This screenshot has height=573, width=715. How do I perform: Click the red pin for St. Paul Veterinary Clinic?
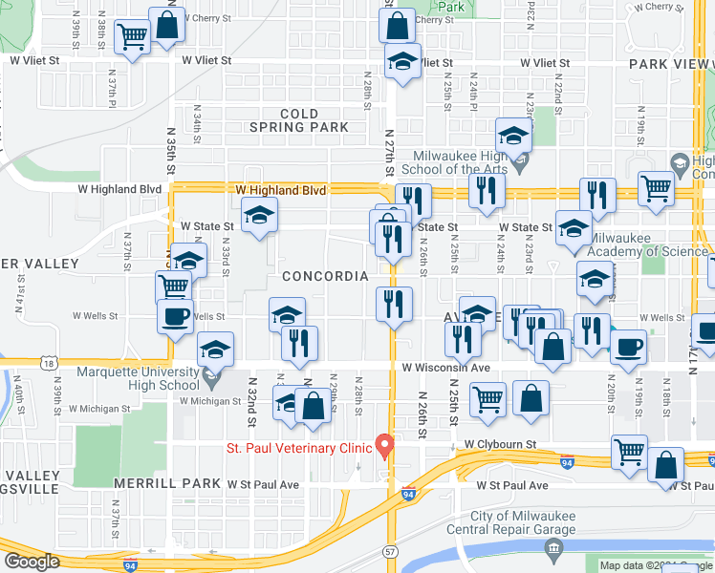coord(385,445)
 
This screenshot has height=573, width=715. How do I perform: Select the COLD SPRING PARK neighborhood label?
coord(299,120)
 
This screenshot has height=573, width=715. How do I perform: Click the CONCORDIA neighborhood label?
coord(325,276)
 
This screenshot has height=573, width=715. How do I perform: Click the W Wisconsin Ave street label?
coord(445,368)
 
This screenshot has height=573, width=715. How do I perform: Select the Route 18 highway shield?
coord(49,363)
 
